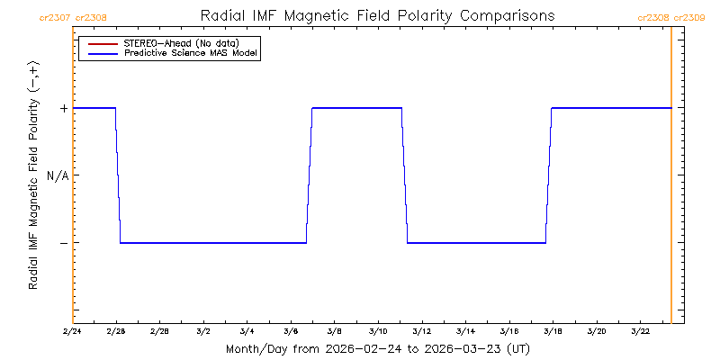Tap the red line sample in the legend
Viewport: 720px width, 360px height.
(99, 43)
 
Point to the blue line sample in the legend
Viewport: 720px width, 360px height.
(99, 53)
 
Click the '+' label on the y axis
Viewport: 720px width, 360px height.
(64, 108)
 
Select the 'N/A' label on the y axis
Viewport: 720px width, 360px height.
(58, 175)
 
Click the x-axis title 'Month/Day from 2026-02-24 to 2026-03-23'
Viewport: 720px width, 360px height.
(377, 348)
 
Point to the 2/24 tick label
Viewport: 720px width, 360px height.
(73, 332)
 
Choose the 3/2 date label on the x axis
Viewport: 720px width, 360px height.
(203, 332)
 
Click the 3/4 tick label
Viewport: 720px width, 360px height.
(247, 332)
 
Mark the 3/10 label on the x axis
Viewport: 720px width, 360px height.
(378, 332)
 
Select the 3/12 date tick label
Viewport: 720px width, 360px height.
(421, 332)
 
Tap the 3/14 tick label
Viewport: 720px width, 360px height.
(465, 332)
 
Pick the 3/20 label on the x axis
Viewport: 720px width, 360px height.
(596, 332)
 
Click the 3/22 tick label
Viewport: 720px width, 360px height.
(639, 332)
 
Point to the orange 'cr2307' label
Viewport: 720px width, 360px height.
(55, 17)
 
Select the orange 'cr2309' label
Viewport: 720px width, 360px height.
(689, 17)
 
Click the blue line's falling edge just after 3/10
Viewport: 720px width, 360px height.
(404, 175)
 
